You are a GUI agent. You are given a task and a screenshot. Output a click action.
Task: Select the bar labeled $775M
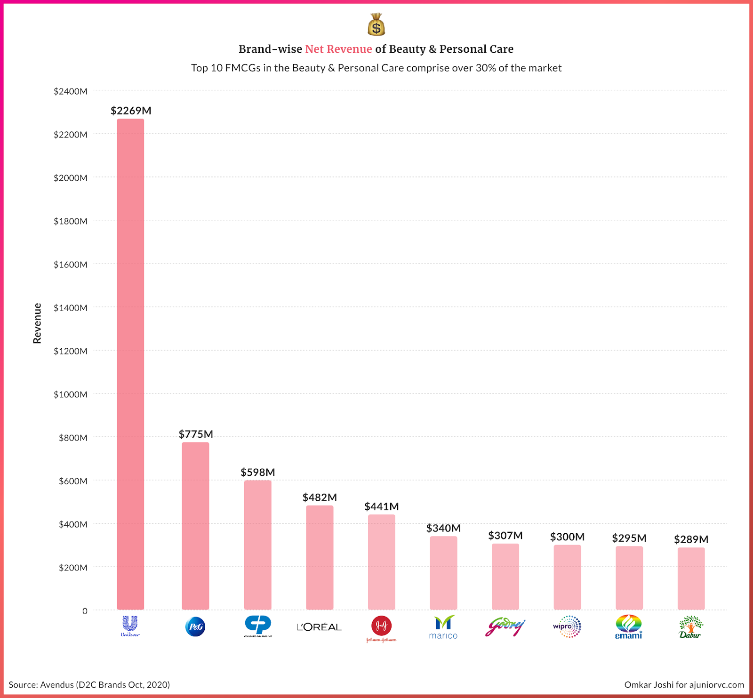point(195,526)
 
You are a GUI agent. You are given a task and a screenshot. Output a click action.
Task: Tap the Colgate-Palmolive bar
point(257,545)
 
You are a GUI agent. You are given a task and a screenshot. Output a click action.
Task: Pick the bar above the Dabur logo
point(691,578)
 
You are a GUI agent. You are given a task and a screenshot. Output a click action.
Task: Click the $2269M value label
point(131,111)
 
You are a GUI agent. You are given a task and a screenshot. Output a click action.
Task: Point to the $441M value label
point(381,506)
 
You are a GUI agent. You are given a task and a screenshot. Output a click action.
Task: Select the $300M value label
point(567,537)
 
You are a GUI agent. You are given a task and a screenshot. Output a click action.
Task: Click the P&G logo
point(195,626)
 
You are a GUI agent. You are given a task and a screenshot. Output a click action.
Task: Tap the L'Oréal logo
point(319,627)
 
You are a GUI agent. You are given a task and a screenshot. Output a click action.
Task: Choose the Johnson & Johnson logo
point(381,628)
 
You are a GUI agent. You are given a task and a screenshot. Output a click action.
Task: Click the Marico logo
point(443,627)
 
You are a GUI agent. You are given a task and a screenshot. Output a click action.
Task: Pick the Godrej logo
point(505,627)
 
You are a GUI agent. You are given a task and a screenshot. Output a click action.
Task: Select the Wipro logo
point(567,626)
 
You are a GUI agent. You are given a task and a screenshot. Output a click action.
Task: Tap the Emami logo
point(629,627)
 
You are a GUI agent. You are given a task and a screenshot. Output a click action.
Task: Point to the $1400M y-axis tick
point(71,308)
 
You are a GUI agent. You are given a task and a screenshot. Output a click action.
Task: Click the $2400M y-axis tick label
point(71,91)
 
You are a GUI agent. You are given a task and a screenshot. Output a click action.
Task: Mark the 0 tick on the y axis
point(85,611)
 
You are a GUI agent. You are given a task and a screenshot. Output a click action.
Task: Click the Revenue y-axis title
point(37,323)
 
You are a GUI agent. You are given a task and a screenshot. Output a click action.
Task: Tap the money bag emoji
point(376,24)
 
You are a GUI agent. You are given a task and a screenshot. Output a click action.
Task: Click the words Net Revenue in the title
point(338,49)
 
